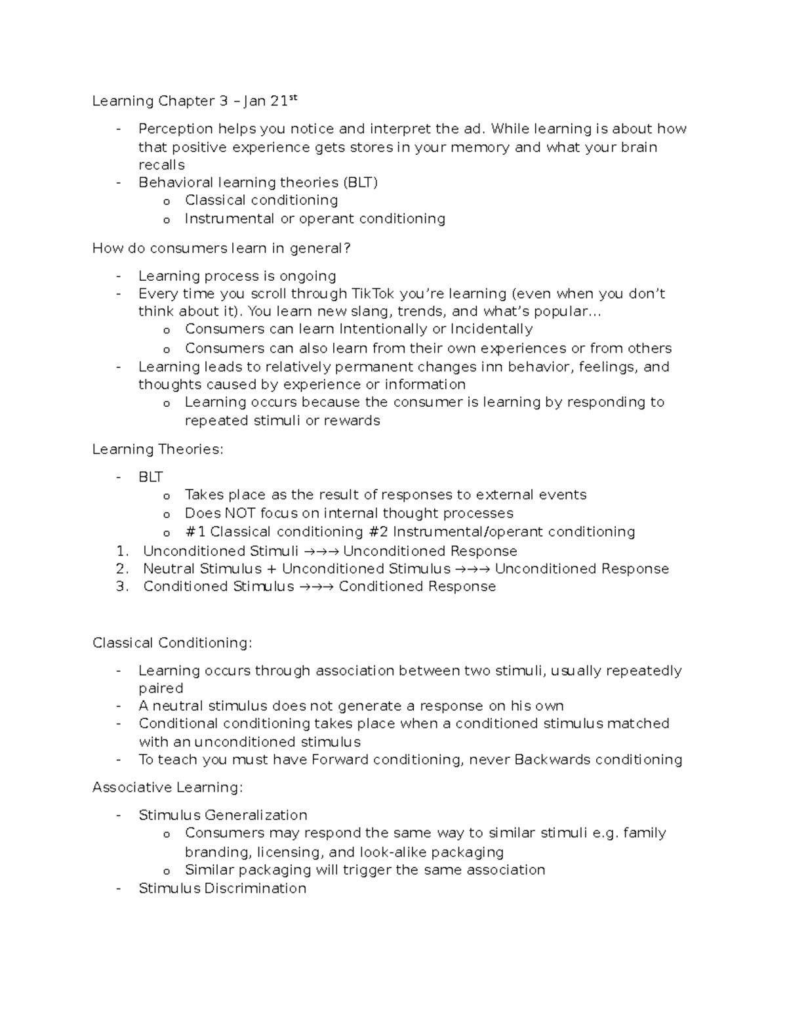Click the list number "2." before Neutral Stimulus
coord(122,569)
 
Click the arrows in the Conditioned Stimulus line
coord(316,587)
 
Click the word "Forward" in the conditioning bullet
coord(340,760)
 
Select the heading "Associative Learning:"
coord(168,787)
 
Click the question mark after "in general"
coord(348,248)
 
